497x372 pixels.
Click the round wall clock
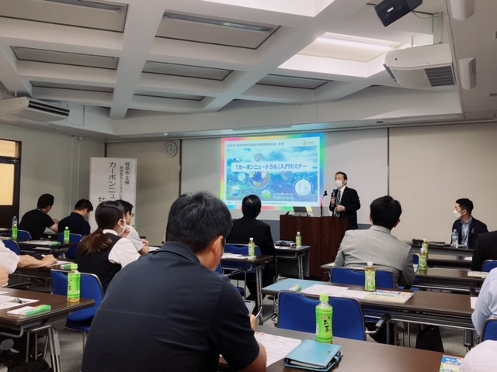tap(171, 149)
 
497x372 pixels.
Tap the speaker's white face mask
tap(339, 184)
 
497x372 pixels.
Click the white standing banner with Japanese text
tap(112, 189)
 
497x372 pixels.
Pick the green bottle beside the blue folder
tap(324, 319)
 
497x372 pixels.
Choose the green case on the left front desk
tap(30, 311)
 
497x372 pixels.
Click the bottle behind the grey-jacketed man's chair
tap(370, 277)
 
